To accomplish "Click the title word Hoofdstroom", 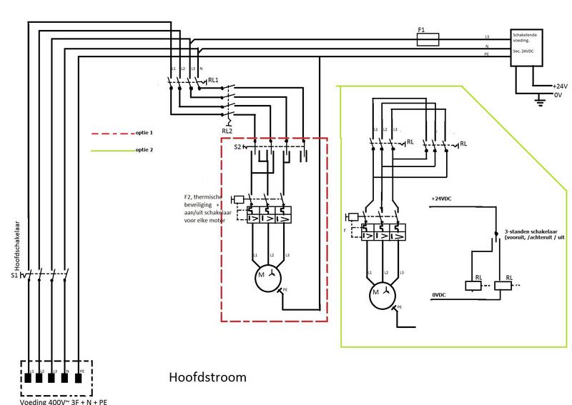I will coord(207,376).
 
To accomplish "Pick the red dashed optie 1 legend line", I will coord(107,134).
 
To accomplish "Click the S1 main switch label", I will coord(13,275).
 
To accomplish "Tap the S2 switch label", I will coord(237,147).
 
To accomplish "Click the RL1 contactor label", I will coord(213,80).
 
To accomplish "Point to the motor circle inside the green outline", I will coord(379,292).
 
